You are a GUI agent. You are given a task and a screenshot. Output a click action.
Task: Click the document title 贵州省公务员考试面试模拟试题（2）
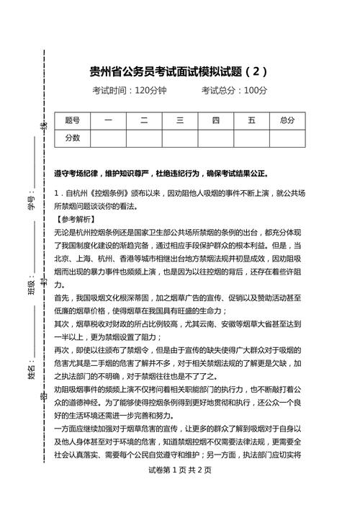click(179, 71)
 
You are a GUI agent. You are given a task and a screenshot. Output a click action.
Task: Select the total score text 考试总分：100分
click(235, 91)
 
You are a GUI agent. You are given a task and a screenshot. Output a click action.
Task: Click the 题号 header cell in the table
click(72, 120)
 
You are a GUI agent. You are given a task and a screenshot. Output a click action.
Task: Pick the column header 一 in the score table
click(108, 120)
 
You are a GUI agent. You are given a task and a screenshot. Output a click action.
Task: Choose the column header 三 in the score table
click(179, 120)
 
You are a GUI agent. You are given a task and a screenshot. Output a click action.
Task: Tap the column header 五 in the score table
click(251, 120)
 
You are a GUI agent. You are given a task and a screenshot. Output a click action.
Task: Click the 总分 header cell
click(287, 120)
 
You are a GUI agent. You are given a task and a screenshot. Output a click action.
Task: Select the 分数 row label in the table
click(72, 138)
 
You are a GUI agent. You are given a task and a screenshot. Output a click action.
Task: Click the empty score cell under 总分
click(287, 138)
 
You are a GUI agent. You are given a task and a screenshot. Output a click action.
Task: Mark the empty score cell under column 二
click(144, 138)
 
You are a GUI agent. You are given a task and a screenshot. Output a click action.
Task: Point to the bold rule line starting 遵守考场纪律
click(161, 174)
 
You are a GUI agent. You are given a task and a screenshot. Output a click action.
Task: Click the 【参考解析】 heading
click(75, 219)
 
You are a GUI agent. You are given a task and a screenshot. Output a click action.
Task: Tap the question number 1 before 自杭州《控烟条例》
click(57, 194)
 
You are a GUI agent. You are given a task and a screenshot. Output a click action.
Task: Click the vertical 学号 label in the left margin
click(32, 204)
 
